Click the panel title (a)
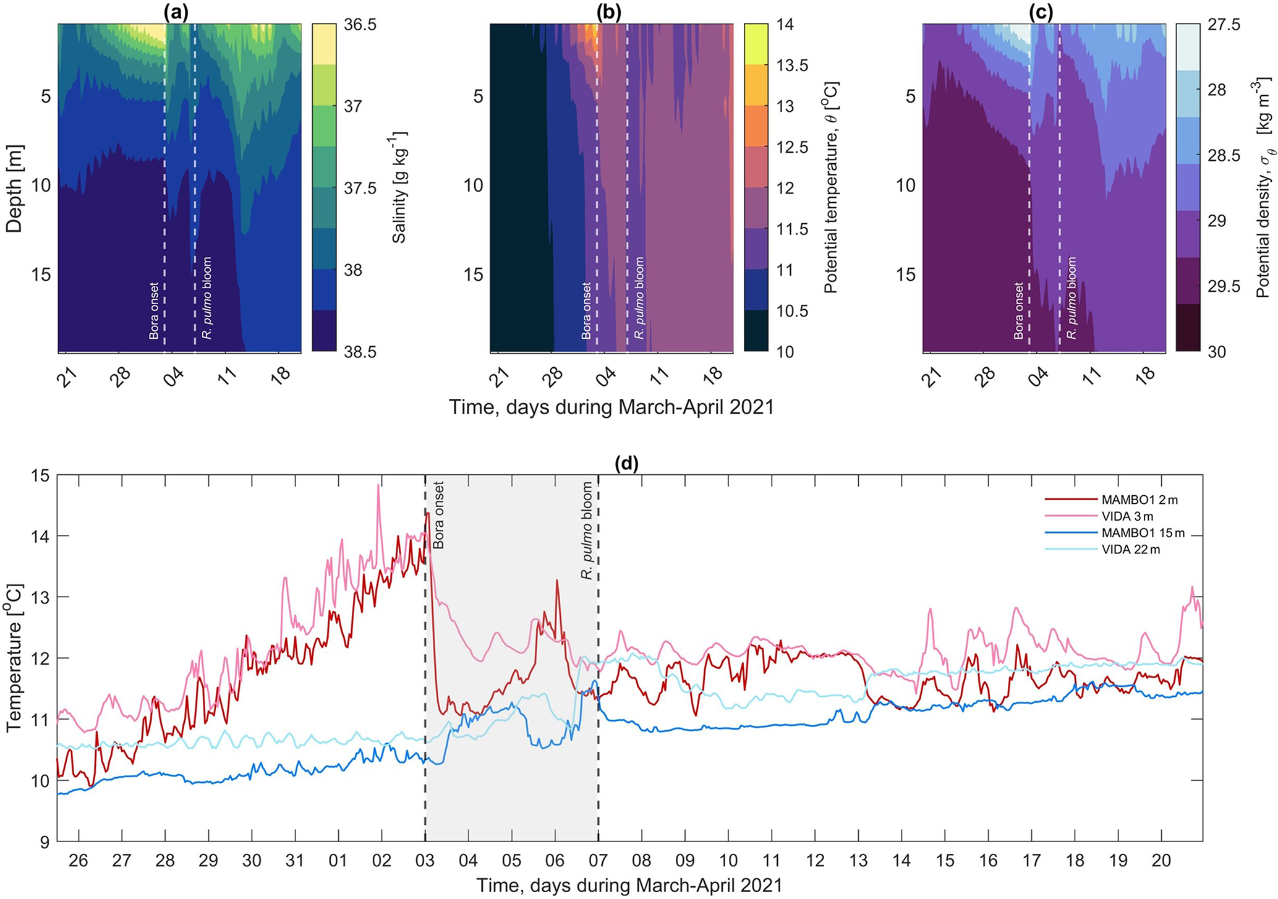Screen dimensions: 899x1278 [179, 12]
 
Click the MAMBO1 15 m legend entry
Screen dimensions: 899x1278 [1110, 533]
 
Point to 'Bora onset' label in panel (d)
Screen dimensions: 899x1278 [439, 515]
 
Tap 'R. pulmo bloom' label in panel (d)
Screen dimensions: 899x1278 [587, 530]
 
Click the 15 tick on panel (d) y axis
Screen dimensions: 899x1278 [40, 475]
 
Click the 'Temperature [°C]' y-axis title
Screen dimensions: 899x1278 [14, 658]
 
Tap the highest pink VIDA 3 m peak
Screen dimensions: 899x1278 [378, 486]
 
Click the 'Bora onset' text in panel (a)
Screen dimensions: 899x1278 [154, 311]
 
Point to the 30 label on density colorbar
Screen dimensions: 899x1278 [1216, 352]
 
